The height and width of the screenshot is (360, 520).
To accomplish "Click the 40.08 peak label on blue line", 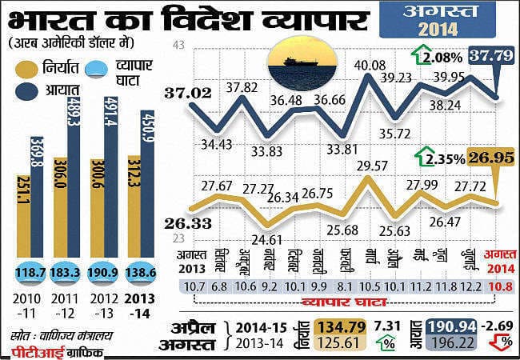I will (370, 65).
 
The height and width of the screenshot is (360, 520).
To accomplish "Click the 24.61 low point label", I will (268, 238).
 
